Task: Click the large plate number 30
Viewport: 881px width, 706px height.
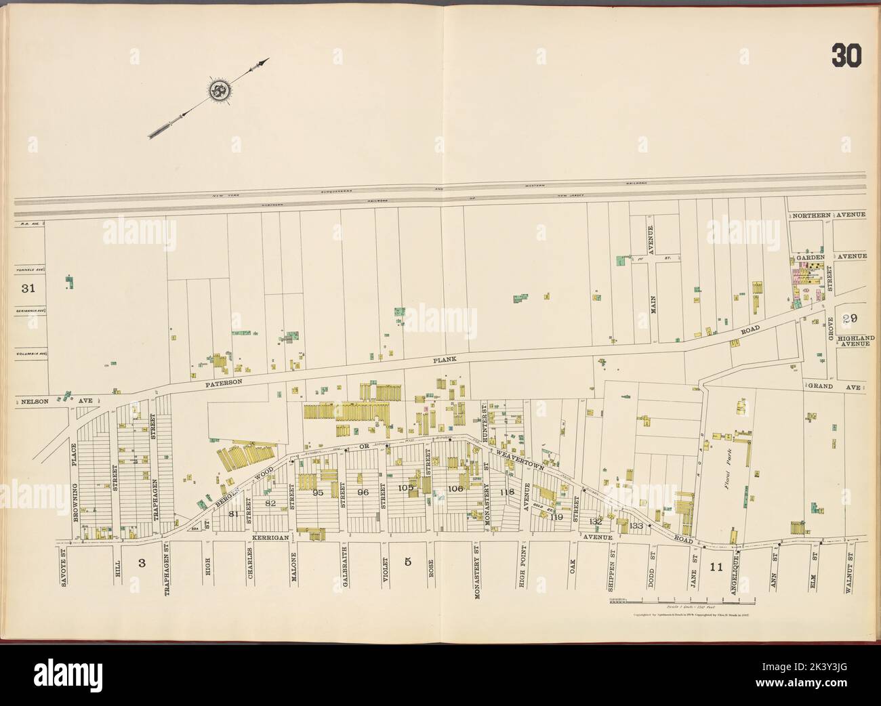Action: [846, 57]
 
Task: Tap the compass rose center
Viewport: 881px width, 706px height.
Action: [219, 89]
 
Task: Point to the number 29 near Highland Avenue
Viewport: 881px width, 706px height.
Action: [851, 319]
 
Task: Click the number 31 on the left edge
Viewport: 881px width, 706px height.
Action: [28, 289]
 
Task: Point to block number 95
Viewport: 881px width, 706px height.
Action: [318, 493]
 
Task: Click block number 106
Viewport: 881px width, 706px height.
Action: [455, 489]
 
